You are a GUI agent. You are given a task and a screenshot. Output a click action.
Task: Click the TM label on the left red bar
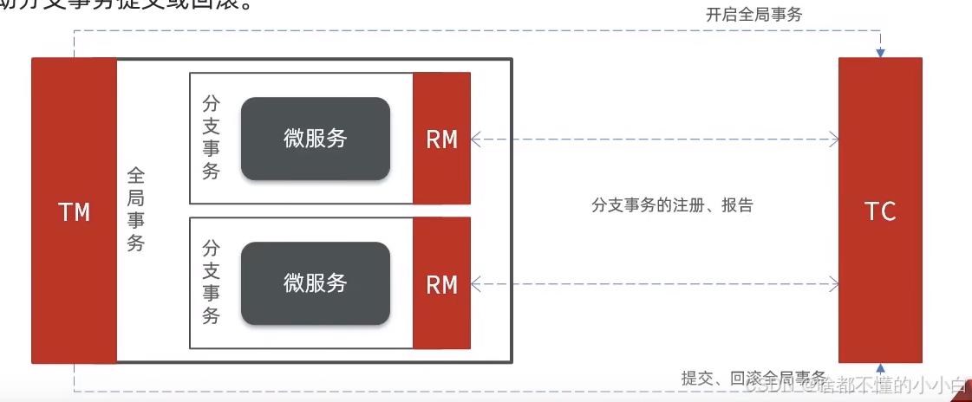point(74,211)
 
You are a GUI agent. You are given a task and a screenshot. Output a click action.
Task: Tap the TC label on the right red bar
point(880,211)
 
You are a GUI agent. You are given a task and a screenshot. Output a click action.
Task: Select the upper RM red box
point(441,139)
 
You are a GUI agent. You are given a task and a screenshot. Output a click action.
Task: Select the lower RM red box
point(441,283)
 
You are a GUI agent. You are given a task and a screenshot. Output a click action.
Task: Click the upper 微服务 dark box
point(315,139)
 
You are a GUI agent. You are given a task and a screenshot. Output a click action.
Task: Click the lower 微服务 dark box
point(315,283)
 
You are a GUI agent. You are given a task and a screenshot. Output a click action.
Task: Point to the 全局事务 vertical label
point(136,210)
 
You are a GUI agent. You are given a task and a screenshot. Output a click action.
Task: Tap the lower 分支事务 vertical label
point(211,282)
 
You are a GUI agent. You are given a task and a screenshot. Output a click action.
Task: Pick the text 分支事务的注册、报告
point(672,205)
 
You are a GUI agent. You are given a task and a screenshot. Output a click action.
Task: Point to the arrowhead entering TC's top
point(880,53)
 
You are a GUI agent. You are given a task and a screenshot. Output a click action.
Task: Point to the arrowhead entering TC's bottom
point(880,367)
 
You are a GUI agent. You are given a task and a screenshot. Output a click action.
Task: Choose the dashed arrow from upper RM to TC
point(655,138)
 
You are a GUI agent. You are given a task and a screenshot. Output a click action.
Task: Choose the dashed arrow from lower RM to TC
point(655,282)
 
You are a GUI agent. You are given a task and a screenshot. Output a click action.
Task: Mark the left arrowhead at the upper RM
point(475,138)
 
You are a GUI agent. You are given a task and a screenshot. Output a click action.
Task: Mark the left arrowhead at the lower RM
point(475,282)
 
